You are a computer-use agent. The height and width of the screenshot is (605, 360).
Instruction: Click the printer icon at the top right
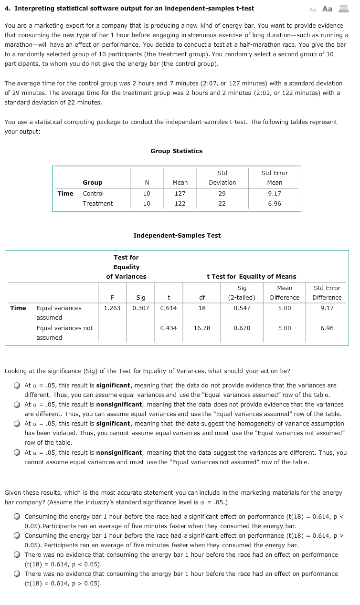click(x=343, y=9)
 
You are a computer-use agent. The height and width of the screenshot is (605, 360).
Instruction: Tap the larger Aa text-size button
click(x=328, y=9)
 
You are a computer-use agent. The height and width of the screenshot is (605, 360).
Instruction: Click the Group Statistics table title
click(x=176, y=151)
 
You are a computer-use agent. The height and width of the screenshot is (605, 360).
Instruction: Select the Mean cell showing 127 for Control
click(x=180, y=194)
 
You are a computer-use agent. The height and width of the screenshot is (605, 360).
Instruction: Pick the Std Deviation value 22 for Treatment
click(x=222, y=204)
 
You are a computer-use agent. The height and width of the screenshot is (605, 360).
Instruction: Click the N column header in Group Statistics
click(x=147, y=183)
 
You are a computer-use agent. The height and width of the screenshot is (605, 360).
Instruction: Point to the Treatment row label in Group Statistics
click(x=97, y=204)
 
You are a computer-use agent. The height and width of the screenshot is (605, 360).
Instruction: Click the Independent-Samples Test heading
click(x=177, y=236)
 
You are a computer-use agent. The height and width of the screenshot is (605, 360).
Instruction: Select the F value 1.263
click(x=112, y=308)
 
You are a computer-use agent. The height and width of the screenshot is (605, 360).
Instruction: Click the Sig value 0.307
click(x=140, y=308)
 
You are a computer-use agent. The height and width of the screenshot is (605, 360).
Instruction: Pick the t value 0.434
click(x=168, y=328)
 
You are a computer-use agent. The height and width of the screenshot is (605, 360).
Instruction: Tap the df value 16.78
click(x=202, y=328)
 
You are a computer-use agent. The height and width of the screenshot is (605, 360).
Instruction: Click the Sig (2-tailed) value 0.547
click(x=242, y=308)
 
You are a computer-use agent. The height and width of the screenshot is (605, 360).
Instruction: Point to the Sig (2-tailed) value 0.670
click(x=242, y=328)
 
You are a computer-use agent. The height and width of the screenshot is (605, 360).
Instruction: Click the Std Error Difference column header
click(x=327, y=292)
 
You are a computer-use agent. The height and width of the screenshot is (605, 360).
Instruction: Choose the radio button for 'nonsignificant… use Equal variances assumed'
click(x=17, y=405)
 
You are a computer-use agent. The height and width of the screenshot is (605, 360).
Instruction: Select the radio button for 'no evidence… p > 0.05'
click(x=17, y=574)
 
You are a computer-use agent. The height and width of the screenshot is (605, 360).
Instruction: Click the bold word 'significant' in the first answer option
click(x=113, y=386)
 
